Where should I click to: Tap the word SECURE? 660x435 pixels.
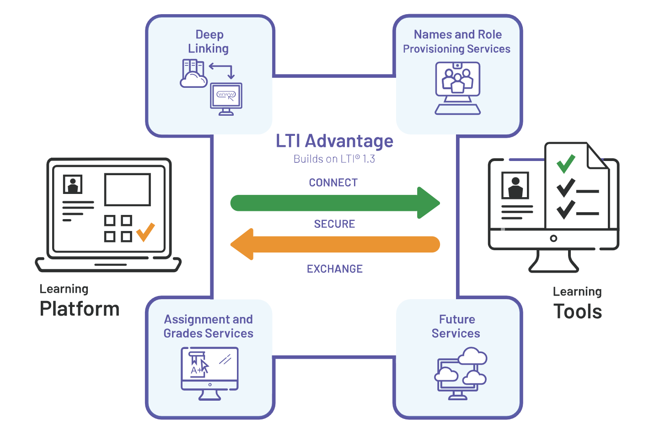pos(334,224)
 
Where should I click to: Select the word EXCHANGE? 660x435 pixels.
pos(334,269)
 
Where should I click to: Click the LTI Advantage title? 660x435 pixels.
pos(334,141)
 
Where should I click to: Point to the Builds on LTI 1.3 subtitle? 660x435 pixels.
pos(334,159)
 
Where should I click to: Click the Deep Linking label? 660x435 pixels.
pos(209,42)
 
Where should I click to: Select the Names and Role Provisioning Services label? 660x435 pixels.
pos(457,42)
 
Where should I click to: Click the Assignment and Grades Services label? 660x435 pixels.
pos(209,326)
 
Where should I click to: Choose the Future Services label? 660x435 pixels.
pos(456,326)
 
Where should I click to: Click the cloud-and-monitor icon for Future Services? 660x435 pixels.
pos(460,373)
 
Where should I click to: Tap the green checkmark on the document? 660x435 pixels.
pos(565,163)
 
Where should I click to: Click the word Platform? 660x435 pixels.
pos(80,309)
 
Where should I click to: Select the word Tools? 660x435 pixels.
pos(578,311)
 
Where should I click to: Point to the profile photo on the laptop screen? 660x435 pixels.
pos(73,184)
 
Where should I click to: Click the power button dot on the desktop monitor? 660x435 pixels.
pos(553,238)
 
